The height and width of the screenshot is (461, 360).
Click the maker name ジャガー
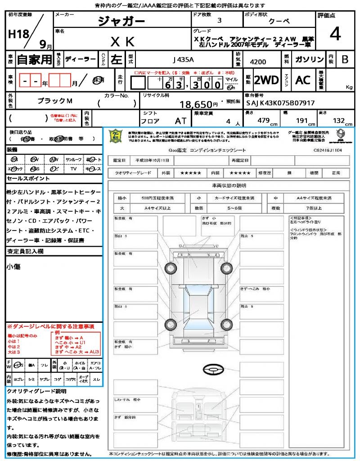pos(121,22)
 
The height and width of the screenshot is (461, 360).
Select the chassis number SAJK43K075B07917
pos(280,103)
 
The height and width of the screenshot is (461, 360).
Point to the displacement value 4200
pos(257,62)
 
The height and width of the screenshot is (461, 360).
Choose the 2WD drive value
pos(266,80)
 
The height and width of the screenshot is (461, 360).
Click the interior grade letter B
pos(345,59)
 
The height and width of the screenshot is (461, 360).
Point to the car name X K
pos(122,42)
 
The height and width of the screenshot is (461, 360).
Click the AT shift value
pos(180,121)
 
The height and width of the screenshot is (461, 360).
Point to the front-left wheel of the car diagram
pos(171,267)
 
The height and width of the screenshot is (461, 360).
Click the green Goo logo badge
pos(116,136)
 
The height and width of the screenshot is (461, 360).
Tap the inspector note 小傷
pos(13,267)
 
